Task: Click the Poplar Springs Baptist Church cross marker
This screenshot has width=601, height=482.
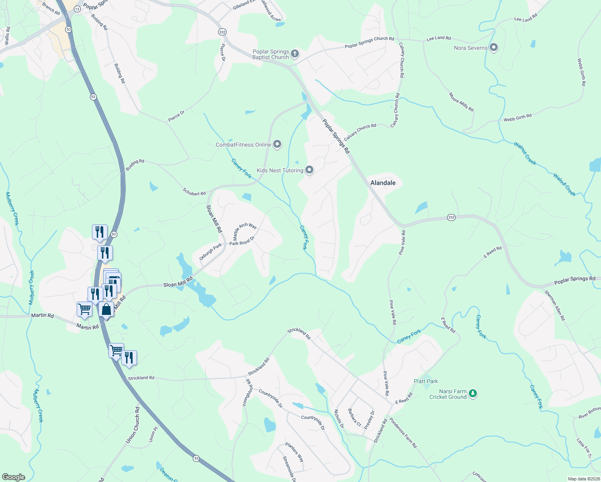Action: tap(294, 54)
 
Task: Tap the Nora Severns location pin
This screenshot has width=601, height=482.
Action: tap(494, 48)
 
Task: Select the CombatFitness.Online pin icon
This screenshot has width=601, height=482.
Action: tap(277, 144)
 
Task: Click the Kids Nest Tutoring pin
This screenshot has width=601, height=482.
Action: tap(309, 170)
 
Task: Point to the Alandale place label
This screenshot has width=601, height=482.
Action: tap(383, 183)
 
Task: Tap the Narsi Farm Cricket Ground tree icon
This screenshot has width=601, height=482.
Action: tap(473, 393)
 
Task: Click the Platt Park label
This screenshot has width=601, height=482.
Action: tap(426, 381)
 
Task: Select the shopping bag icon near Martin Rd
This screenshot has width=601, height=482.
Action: tap(106, 309)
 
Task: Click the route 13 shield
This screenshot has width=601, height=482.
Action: tap(77, 8)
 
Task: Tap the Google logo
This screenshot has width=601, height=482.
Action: tap(13, 477)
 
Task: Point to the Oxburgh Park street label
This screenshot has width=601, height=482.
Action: tap(211, 252)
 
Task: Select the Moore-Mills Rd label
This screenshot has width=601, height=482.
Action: tap(461, 102)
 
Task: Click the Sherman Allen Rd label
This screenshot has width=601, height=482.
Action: tap(555, 305)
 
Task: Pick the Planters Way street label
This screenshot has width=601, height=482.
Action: tap(294, 452)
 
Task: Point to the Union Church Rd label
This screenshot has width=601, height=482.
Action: tap(132, 425)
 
